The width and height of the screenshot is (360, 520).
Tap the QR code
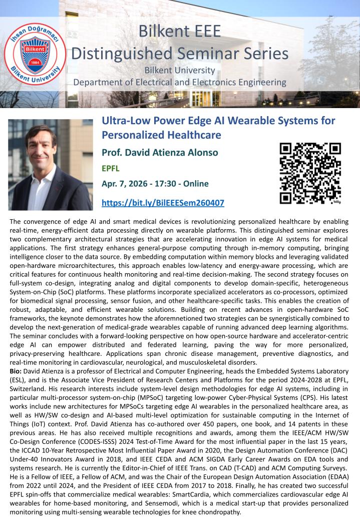[x=310, y=173]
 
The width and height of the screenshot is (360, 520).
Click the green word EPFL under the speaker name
[x=111, y=169]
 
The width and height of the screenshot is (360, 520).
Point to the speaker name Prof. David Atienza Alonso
[x=160, y=153]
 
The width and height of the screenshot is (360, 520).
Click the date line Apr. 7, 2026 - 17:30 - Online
[x=155, y=184]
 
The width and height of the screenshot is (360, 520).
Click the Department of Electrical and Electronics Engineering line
[x=180, y=82]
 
